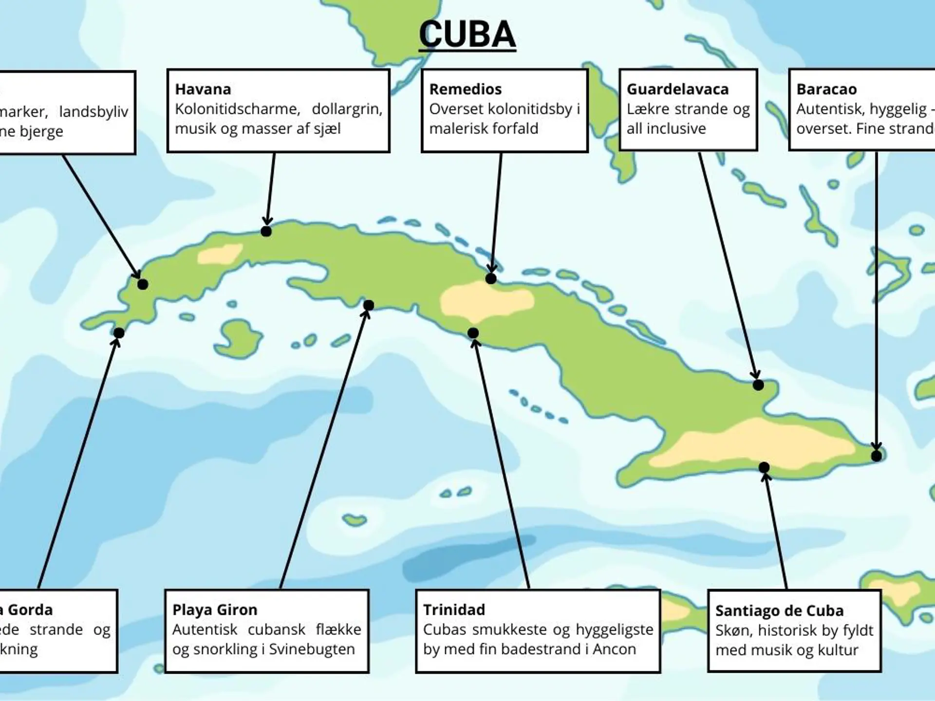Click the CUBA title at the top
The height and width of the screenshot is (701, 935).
click(x=467, y=34)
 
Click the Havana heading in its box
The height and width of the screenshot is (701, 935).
click(x=203, y=89)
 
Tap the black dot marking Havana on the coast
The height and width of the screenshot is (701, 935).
click(x=266, y=231)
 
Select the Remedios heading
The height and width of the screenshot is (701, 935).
click(x=465, y=89)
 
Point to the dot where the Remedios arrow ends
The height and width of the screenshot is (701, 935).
click(x=491, y=278)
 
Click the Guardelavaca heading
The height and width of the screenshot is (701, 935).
click(x=677, y=89)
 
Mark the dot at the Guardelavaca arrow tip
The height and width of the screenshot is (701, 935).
click(x=758, y=385)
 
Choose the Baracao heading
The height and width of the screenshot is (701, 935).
click(x=826, y=89)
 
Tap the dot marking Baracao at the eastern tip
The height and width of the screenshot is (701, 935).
click(x=877, y=456)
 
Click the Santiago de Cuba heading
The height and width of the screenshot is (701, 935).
click(x=779, y=610)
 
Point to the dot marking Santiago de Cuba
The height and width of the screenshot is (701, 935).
click(x=764, y=467)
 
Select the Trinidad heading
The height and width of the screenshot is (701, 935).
click(x=454, y=609)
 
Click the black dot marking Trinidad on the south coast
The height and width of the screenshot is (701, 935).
click(x=473, y=333)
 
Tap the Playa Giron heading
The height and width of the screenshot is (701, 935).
click(x=215, y=609)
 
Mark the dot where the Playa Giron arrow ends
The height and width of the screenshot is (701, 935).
click(x=369, y=305)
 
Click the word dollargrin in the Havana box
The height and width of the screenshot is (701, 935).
click(x=347, y=109)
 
